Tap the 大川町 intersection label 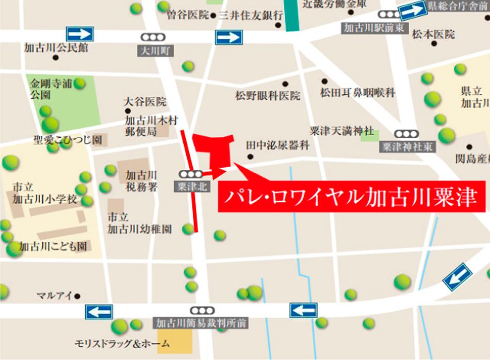(155, 51)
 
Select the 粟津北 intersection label (192, 187)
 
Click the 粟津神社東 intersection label (407, 146)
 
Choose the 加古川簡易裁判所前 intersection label (202, 323)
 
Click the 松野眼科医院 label (268, 95)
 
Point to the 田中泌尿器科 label (277, 146)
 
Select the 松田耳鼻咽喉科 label (357, 93)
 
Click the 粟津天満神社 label (341, 131)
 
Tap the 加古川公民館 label (56, 48)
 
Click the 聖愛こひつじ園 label (68, 139)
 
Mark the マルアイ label (54, 296)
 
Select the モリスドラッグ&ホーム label (121, 343)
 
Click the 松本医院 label (433, 35)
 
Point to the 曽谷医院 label (188, 15)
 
